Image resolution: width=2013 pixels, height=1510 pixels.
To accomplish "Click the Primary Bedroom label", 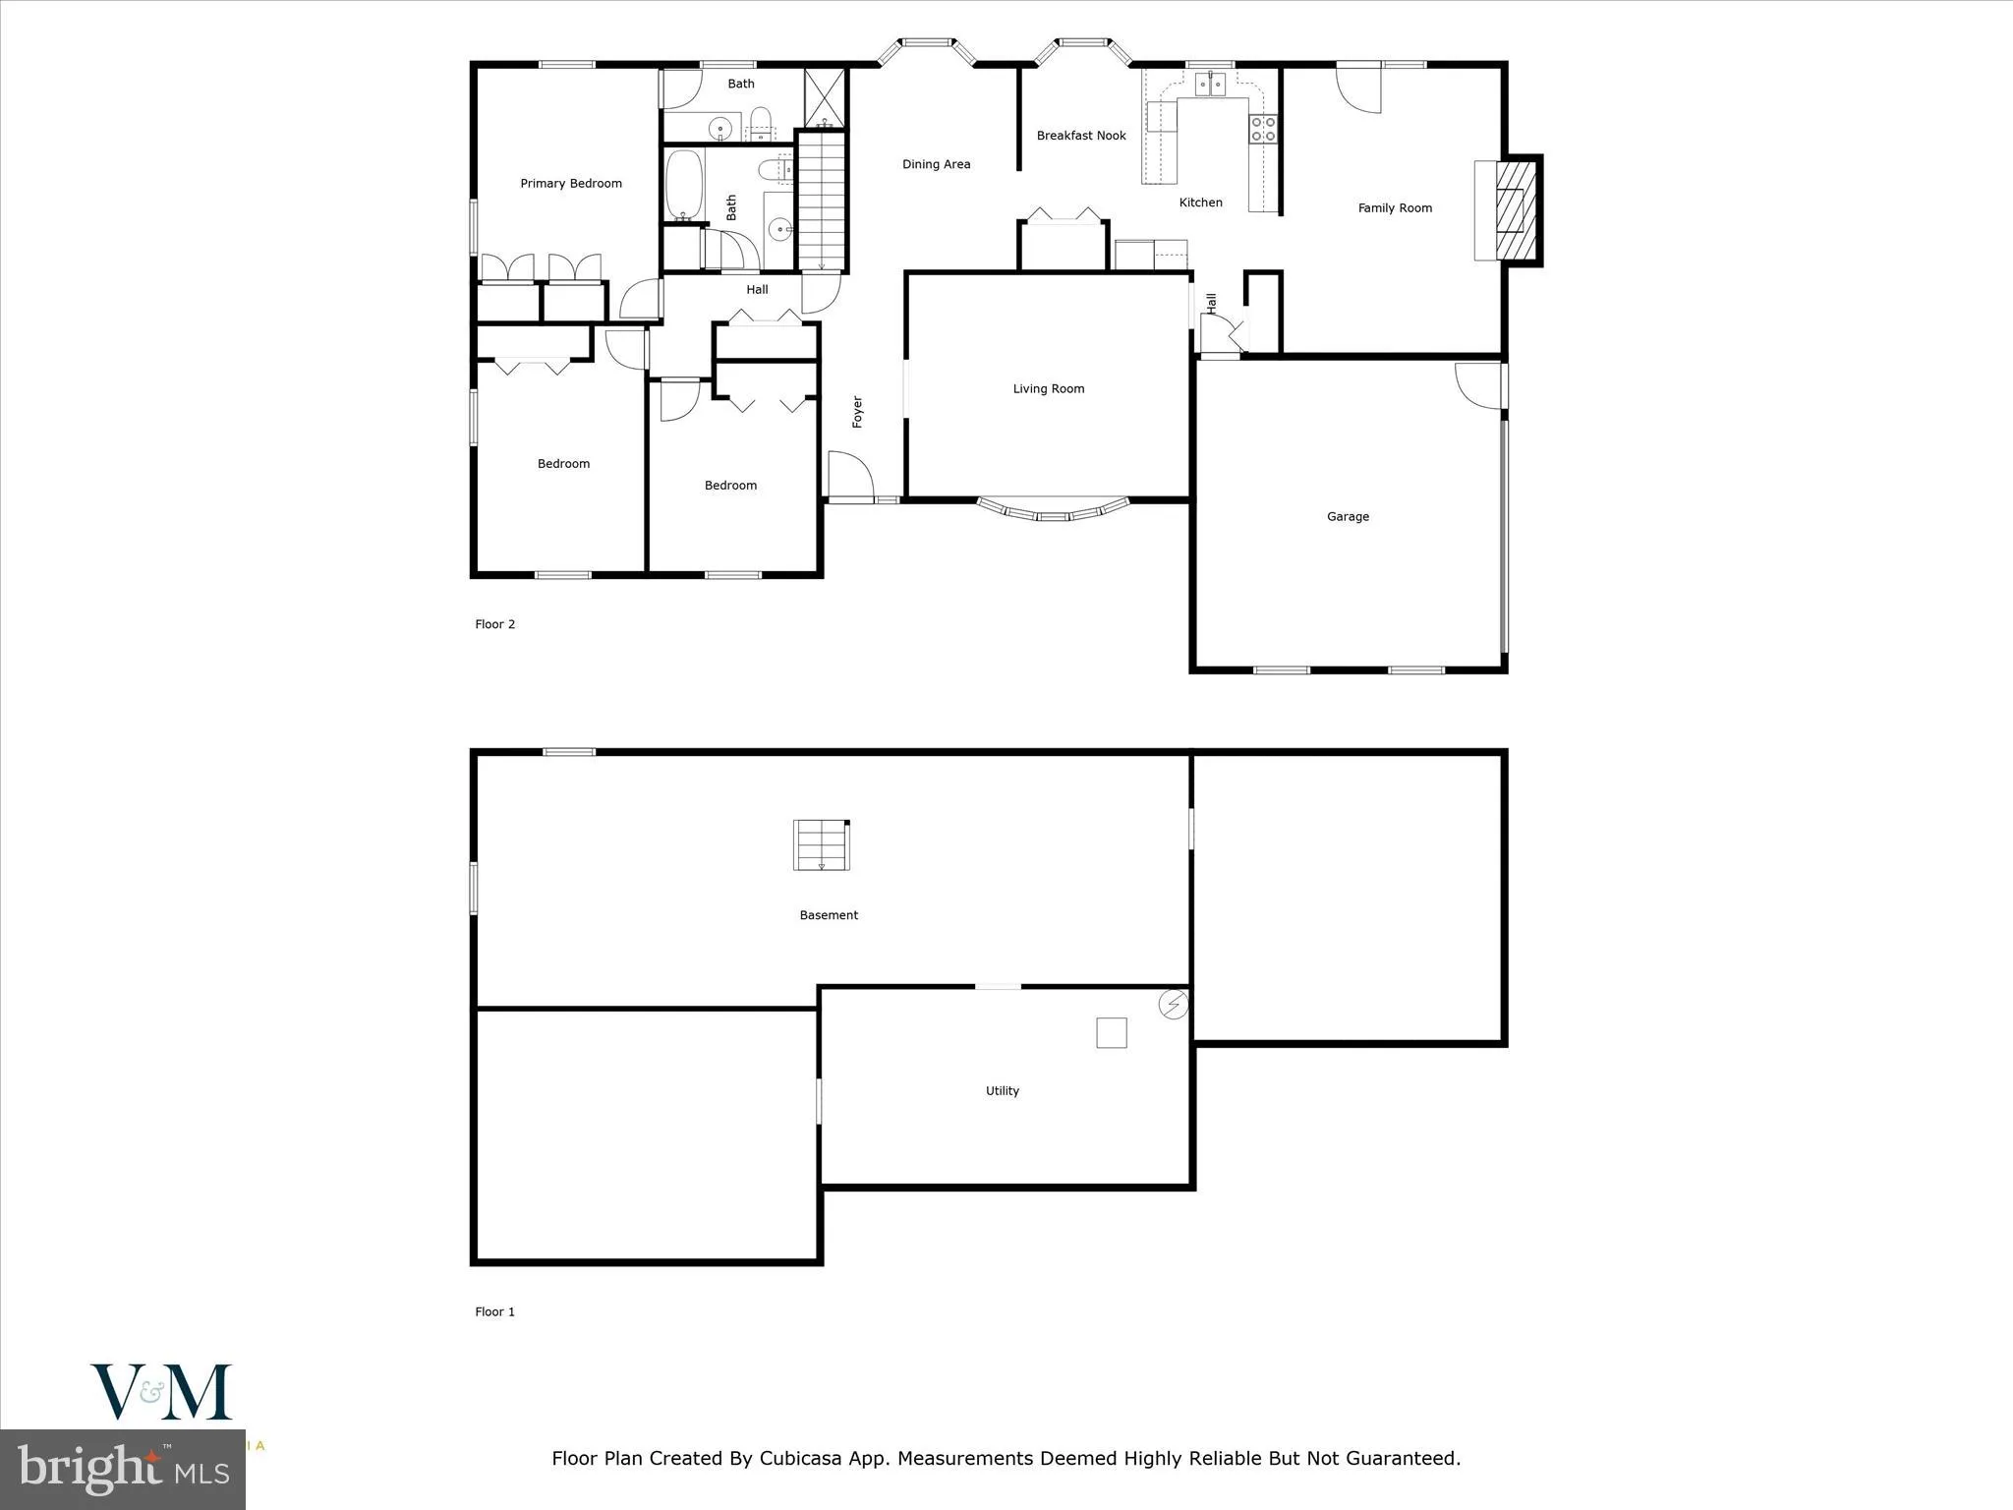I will pos(570,184).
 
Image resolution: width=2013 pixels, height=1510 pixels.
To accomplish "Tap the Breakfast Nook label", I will pos(1080,136).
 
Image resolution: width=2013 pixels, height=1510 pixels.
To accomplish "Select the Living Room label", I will pos(1048,389).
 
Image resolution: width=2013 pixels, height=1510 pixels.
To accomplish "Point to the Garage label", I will pos(1347,517).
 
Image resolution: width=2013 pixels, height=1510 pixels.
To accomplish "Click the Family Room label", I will pos(1394,208).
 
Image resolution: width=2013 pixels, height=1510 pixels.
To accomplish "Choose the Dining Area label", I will pos(936,165).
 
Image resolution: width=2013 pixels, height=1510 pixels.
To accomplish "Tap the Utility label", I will pos(1002,1091).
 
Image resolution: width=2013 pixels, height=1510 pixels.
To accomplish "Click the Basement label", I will pos(828,915).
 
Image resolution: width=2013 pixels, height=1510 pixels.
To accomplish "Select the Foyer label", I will pos(857,412).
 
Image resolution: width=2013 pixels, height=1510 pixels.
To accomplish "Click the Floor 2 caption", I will pos(494,624).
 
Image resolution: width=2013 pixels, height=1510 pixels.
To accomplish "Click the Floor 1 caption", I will pos(494,1311).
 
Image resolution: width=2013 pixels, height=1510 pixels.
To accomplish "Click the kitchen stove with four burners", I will pos(1263,129).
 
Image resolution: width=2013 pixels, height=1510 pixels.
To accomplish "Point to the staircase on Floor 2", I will pos(821,202).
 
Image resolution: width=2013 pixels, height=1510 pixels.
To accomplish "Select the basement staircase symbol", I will pos(821,844).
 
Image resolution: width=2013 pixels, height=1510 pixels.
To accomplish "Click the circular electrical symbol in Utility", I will pos(1174,1005).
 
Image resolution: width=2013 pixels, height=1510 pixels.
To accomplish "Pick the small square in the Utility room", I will pos(1111,1032).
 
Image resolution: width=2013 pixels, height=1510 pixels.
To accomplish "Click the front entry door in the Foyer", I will pos(851,478).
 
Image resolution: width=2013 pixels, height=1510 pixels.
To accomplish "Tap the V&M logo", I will pos(161,1392).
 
